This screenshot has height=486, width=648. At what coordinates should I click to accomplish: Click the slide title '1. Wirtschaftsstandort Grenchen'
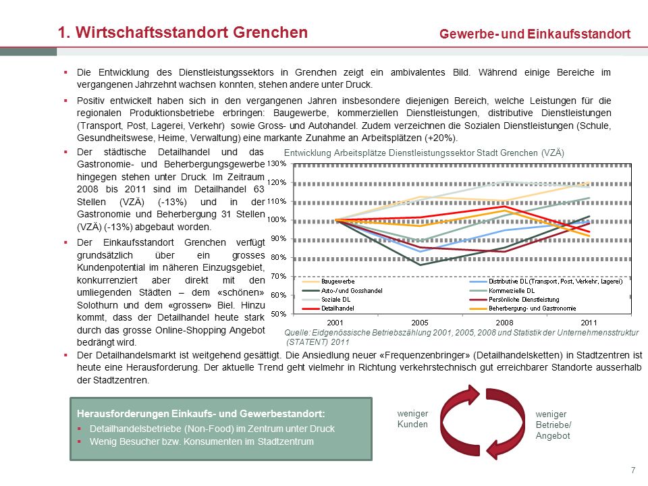[183, 32]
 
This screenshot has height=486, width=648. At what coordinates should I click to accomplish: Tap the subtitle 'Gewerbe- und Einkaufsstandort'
[535, 34]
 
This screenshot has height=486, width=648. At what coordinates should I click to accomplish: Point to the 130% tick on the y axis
[277, 163]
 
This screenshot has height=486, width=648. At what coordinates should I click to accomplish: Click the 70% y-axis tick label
[278, 276]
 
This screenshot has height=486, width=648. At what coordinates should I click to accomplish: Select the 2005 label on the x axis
[420, 323]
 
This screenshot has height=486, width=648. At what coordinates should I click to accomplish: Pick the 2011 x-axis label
[589, 323]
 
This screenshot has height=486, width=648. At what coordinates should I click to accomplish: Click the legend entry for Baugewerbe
[329, 281]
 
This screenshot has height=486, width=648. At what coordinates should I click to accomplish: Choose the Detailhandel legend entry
[328, 308]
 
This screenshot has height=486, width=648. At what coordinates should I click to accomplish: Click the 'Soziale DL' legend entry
[327, 299]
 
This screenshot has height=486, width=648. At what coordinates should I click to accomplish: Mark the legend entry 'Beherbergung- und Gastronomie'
[522, 308]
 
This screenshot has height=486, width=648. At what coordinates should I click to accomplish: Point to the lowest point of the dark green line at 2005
[420, 265]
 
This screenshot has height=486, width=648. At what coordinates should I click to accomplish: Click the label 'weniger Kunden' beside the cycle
[412, 418]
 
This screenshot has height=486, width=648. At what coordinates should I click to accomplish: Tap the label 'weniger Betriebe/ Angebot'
[553, 425]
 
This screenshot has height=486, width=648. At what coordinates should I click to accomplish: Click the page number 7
[633, 470]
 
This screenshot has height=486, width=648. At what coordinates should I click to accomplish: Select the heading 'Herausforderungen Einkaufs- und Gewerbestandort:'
[201, 414]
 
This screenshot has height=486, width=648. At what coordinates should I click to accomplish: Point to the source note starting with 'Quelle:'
[462, 337]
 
